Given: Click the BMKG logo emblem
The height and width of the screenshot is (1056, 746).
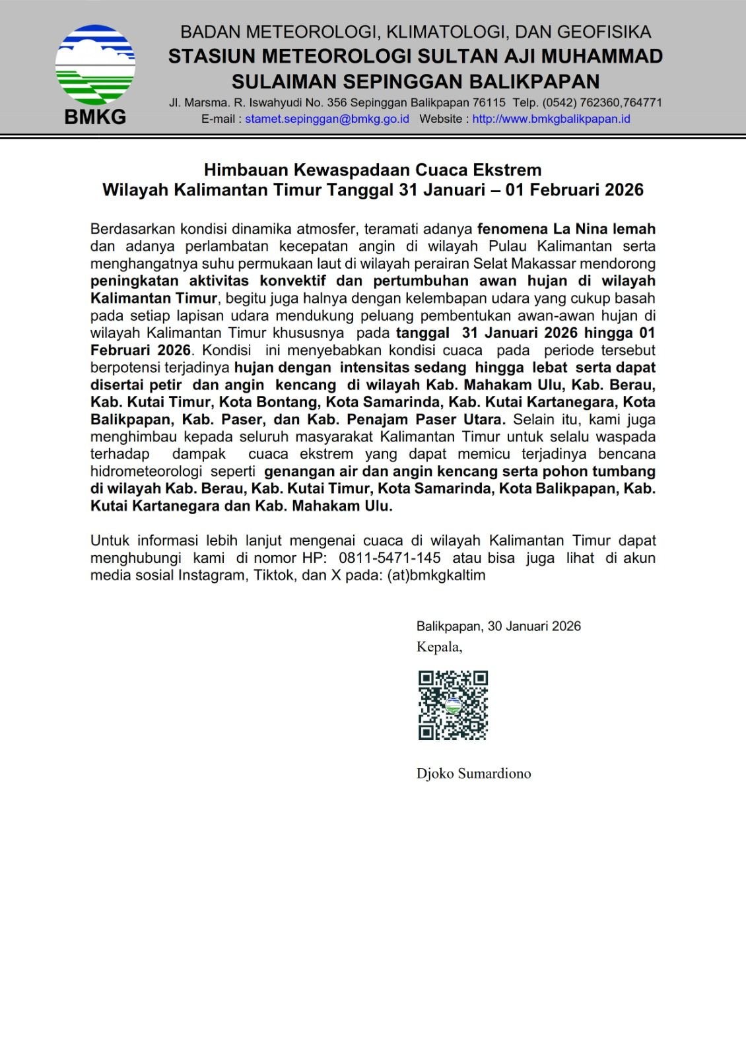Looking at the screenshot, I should pyautogui.click(x=95, y=65).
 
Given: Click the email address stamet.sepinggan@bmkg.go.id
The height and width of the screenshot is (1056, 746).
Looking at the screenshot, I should pyautogui.click(x=327, y=119).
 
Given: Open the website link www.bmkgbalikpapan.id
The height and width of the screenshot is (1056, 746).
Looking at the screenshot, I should pyautogui.click(x=551, y=119).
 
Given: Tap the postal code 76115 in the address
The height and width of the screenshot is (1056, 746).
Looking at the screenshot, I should pyautogui.click(x=489, y=102).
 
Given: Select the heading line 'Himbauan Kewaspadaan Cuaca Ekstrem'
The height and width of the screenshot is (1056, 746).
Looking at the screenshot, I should pyautogui.click(x=372, y=170).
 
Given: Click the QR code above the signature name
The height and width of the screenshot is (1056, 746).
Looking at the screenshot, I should pyautogui.click(x=453, y=705).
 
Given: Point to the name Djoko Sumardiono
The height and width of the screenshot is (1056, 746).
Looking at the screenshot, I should pyautogui.click(x=473, y=774).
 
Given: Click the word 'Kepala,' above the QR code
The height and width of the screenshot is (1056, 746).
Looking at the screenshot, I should pyautogui.click(x=439, y=647).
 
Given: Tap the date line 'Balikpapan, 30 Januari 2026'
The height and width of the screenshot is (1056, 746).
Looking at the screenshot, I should pyautogui.click(x=498, y=626).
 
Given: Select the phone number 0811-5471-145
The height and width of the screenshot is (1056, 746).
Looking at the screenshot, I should pyautogui.click(x=390, y=558).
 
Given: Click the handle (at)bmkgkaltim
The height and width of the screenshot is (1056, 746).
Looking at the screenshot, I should pyautogui.click(x=436, y=575).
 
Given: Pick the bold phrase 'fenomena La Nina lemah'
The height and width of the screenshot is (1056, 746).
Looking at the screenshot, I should pyautogui.click(x=566, y=229).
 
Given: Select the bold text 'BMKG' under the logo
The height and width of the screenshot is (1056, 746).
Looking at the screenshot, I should pyautogui.click(x=95, y=117).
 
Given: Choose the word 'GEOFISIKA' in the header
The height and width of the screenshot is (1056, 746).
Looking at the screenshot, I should pyautogui.click(x=604, y=32).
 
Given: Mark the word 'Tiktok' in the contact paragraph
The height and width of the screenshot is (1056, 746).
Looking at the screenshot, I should pyautogui.click(x=273, y=575).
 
